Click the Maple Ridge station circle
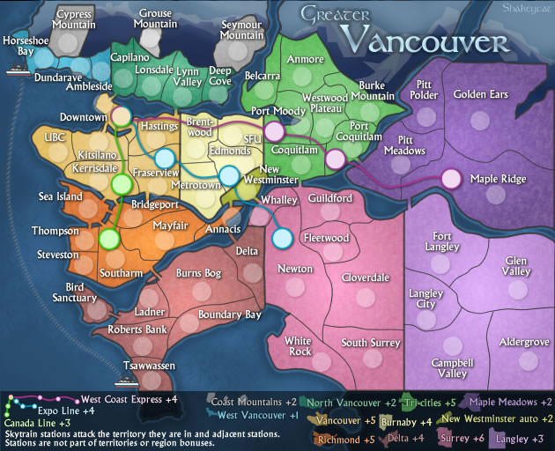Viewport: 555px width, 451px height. click(451, 179)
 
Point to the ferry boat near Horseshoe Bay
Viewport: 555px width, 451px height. click(18, 71)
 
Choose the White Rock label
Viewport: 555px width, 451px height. click(300, 345)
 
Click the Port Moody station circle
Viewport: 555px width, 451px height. click(274, 131)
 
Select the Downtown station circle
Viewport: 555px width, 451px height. click(121, 116)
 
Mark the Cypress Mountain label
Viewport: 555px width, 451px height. click(74, 19)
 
